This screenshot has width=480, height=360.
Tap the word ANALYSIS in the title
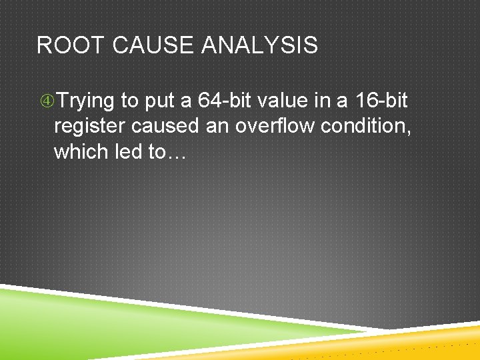259,45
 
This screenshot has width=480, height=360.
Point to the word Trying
85,101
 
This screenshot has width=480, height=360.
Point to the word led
129,151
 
